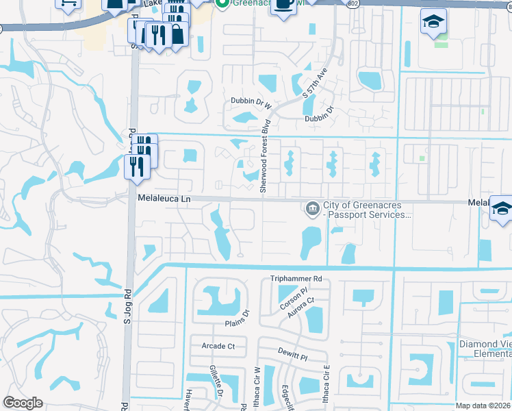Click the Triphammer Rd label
[x=296, y=279]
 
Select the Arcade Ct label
[x=218, y=347]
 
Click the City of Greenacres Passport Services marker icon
[x=312, y=207]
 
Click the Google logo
[x=23, y=403]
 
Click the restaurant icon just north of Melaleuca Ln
[x=136, y=166]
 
